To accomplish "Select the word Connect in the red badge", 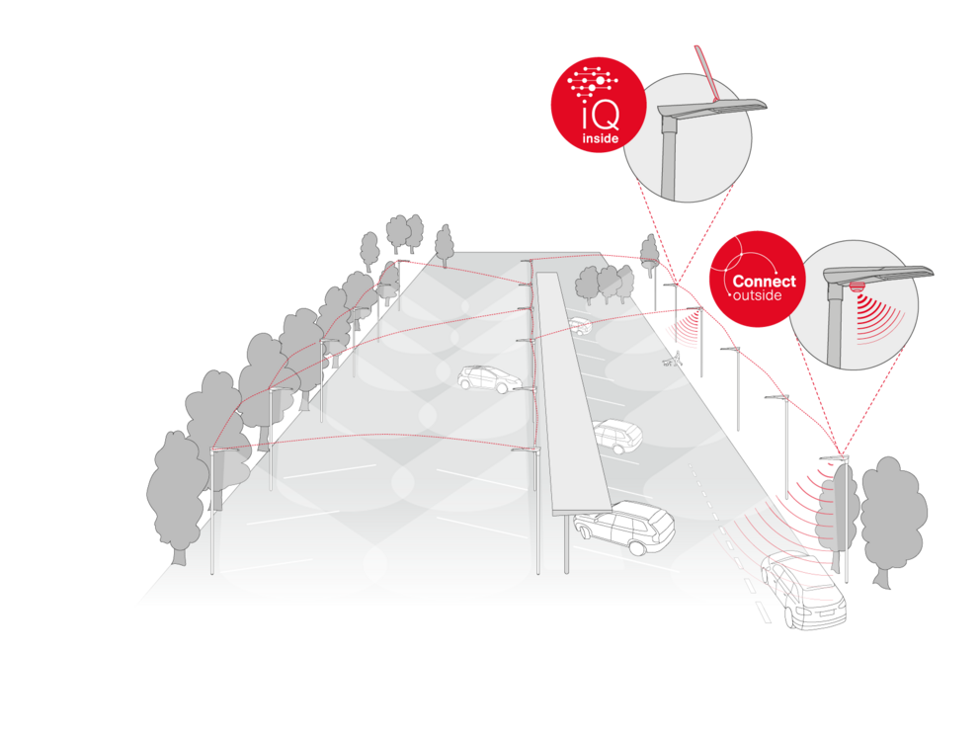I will (x=764, y=282).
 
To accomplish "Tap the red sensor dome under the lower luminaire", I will (x=857, y=286).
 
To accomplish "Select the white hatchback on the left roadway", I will (x=487, y=378).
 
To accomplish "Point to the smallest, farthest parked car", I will (x=581, y=326).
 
